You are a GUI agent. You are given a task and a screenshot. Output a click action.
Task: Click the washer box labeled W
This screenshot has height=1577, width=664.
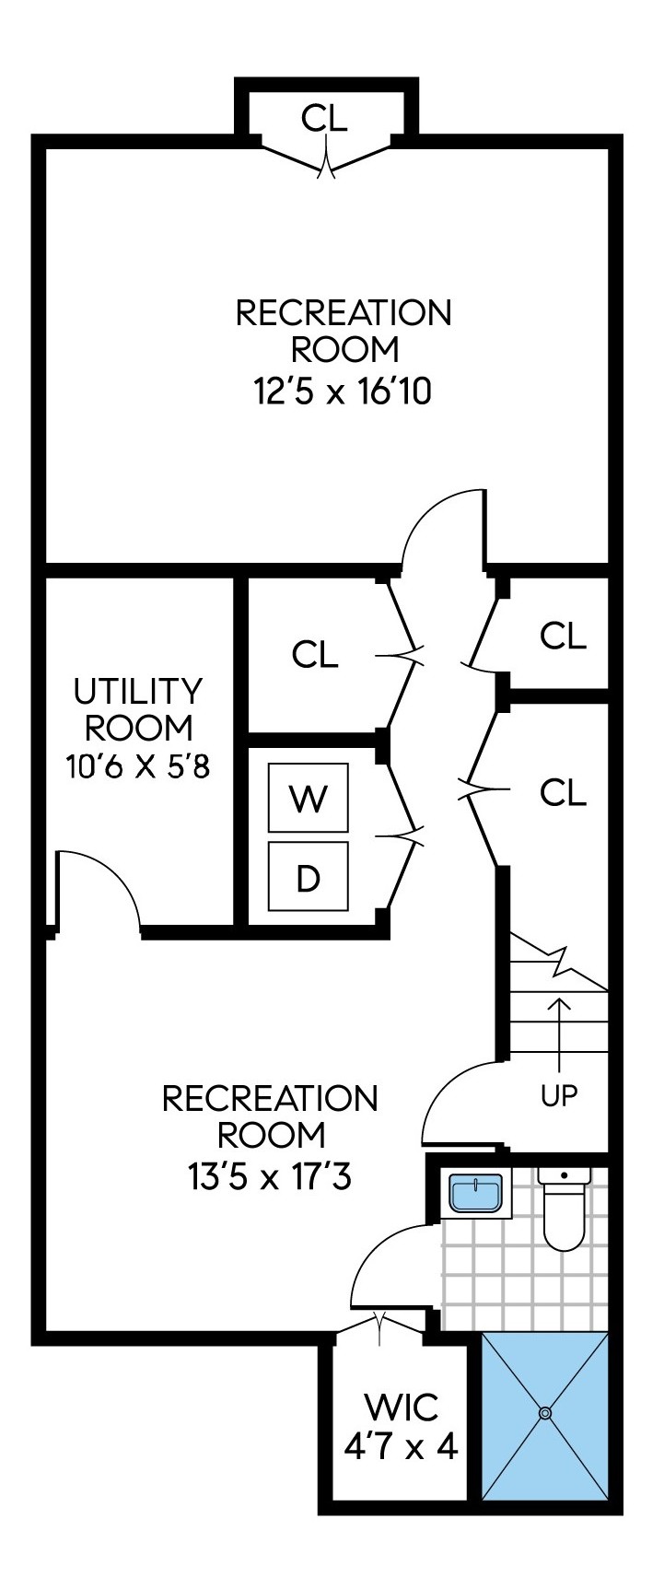(308, 798)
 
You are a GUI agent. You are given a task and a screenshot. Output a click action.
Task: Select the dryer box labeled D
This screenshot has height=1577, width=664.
(308, 877)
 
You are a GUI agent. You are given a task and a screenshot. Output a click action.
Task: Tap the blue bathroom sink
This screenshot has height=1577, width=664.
(476, 1194)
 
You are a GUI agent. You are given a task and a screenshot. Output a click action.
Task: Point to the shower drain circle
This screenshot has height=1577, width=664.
(545, 1412)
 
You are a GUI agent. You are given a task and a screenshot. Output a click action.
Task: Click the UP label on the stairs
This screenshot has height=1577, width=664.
(559, 1095)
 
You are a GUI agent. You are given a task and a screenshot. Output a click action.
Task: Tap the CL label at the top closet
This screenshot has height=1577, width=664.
(325, 118)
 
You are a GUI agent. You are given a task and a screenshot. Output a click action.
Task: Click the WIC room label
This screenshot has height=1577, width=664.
(401, 1408)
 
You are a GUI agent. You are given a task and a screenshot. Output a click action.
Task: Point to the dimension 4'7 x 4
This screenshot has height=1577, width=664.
(401, 1447)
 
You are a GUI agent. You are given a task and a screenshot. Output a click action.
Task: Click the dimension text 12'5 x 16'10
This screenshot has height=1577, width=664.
(344, 392)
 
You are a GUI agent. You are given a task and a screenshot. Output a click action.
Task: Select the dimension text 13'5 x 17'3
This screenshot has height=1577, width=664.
(270, 1176)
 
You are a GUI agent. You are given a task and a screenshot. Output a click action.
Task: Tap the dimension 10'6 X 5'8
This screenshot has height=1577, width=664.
(138, 765)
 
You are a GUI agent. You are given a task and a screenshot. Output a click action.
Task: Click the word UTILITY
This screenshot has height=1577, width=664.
(138, 690)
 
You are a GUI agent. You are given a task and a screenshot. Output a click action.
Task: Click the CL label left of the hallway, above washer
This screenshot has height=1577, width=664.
(315, 655)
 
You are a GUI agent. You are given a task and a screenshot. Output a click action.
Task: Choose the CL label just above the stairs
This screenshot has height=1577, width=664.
(563, 792)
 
